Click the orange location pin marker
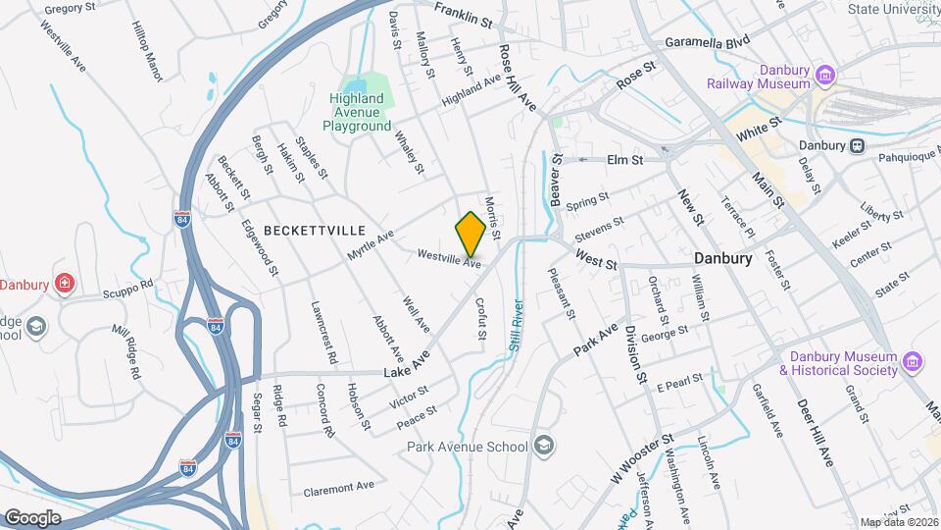pos(470,234)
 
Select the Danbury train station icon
pos(857,145)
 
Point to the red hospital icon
pos(66,285)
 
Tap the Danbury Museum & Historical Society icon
pos(913,363)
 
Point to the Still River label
pos(515,325)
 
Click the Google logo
pos(33,517)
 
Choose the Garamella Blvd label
pos(706,43)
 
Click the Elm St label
pos(624,159)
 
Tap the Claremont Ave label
pos(339,488)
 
